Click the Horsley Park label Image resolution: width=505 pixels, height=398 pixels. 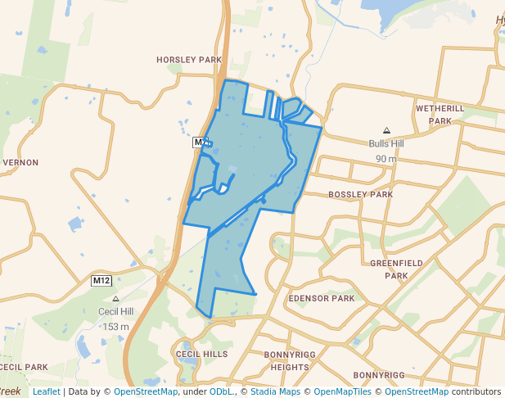189,60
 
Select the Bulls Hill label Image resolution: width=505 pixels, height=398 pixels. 386,143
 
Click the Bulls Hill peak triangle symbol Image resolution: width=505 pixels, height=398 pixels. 386,130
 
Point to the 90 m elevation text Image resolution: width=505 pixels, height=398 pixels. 386,158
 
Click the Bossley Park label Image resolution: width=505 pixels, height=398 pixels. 360,195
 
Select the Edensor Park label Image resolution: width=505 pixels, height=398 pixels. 321,298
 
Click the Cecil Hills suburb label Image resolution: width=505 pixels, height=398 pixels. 201,354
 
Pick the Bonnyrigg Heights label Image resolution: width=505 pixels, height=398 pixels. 286,361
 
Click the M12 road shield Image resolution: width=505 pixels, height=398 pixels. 101,281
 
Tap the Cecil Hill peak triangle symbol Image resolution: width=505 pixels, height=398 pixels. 115,299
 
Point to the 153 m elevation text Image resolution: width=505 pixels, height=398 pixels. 115,327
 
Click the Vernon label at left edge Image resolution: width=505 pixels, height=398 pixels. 20,162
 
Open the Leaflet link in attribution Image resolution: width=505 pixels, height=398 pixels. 46,391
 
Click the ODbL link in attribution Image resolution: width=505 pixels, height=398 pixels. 221,391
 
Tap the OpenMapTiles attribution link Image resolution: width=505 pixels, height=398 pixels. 343,391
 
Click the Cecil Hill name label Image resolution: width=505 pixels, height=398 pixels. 115,312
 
